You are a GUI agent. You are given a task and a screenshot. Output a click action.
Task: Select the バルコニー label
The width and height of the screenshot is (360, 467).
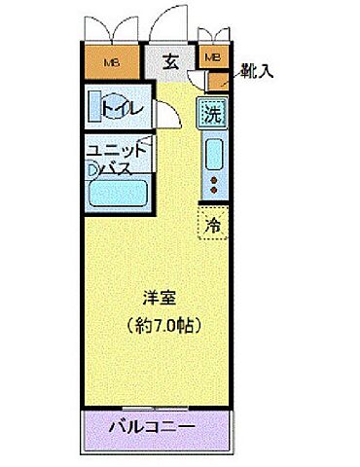click(x=152, y=426)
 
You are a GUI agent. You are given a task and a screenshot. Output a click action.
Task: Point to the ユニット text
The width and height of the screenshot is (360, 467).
click(x=117, y=152)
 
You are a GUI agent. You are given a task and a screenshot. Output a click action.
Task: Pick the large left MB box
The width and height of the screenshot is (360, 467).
click(x=113, y=64)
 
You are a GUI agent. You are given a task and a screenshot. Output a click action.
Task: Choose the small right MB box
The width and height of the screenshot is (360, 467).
click(x=213, y=58)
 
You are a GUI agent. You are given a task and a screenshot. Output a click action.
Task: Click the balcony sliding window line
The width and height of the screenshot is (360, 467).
click(x=152, y=404)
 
